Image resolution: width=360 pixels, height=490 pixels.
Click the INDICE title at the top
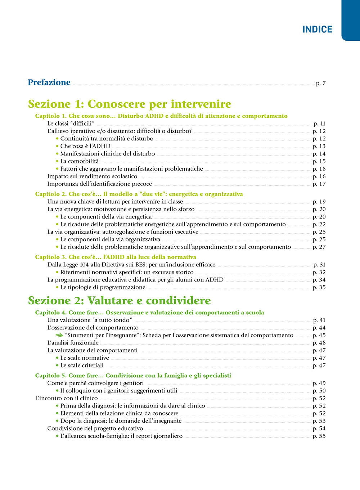317,29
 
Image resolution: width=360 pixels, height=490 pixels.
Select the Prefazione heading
49,82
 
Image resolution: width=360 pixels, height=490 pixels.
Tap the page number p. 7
321,84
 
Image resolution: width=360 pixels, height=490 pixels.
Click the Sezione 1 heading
130,104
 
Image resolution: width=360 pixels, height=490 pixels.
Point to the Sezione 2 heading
120,301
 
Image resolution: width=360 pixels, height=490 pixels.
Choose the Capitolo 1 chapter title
161,116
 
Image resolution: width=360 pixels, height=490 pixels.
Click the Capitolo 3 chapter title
116,257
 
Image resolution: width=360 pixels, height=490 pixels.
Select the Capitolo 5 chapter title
133,376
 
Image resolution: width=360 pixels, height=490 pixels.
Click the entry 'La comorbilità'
80,161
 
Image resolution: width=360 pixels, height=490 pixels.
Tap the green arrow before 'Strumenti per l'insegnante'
59,335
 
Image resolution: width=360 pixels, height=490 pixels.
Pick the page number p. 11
319,123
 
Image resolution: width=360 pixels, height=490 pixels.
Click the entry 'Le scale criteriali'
82,365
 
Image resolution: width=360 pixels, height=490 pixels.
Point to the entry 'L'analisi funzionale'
73,343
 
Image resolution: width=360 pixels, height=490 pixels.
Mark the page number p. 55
319,436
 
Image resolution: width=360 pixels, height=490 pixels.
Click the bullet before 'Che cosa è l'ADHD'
57,146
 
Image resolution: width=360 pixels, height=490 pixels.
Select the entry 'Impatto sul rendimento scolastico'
92,176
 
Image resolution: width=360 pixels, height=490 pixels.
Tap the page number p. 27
319,247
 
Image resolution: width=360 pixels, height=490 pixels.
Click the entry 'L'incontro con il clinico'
67,398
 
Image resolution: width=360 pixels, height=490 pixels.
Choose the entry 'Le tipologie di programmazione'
103,287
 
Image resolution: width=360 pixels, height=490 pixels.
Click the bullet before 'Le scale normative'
57,358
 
